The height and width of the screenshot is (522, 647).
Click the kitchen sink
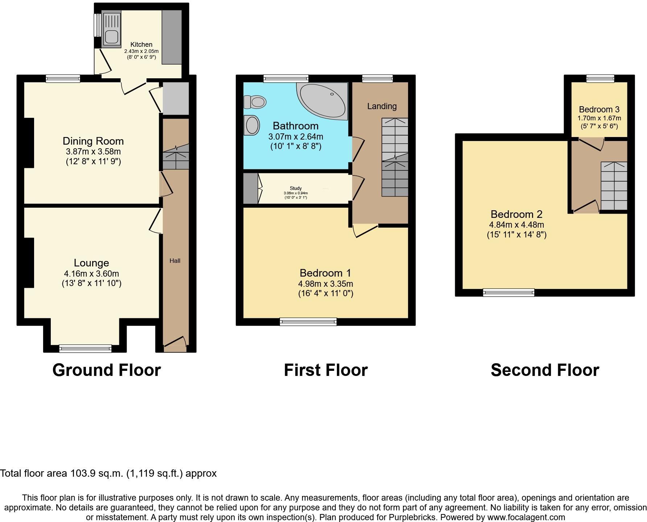[x=111, y=36]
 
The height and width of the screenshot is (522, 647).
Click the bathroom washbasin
[x=252, y=125]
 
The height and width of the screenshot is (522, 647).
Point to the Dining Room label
[x=93, y=141]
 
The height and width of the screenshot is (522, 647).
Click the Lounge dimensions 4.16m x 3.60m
[x=91, y=274]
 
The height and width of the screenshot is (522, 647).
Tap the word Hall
[x=175, y=261]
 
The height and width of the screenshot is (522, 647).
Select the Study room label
[x=296, y=188]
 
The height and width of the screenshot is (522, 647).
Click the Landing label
[x=382, y=106]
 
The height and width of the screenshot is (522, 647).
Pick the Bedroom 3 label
[x=599, y=109]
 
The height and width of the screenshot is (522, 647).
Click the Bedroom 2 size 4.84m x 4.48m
[x=516, y=225]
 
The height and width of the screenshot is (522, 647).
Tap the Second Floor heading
[x=544, y=370]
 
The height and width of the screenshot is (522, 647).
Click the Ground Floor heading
[x=107, y=370]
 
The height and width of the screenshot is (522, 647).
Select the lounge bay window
[x=86, y=348]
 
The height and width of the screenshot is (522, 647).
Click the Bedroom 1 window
[x=308, y=322]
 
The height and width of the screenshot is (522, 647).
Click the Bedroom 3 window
[x=600, y=78]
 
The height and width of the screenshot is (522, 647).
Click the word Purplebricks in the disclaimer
[x=412, y=518]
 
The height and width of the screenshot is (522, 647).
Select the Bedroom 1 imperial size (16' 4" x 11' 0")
[x=325, y=293]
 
